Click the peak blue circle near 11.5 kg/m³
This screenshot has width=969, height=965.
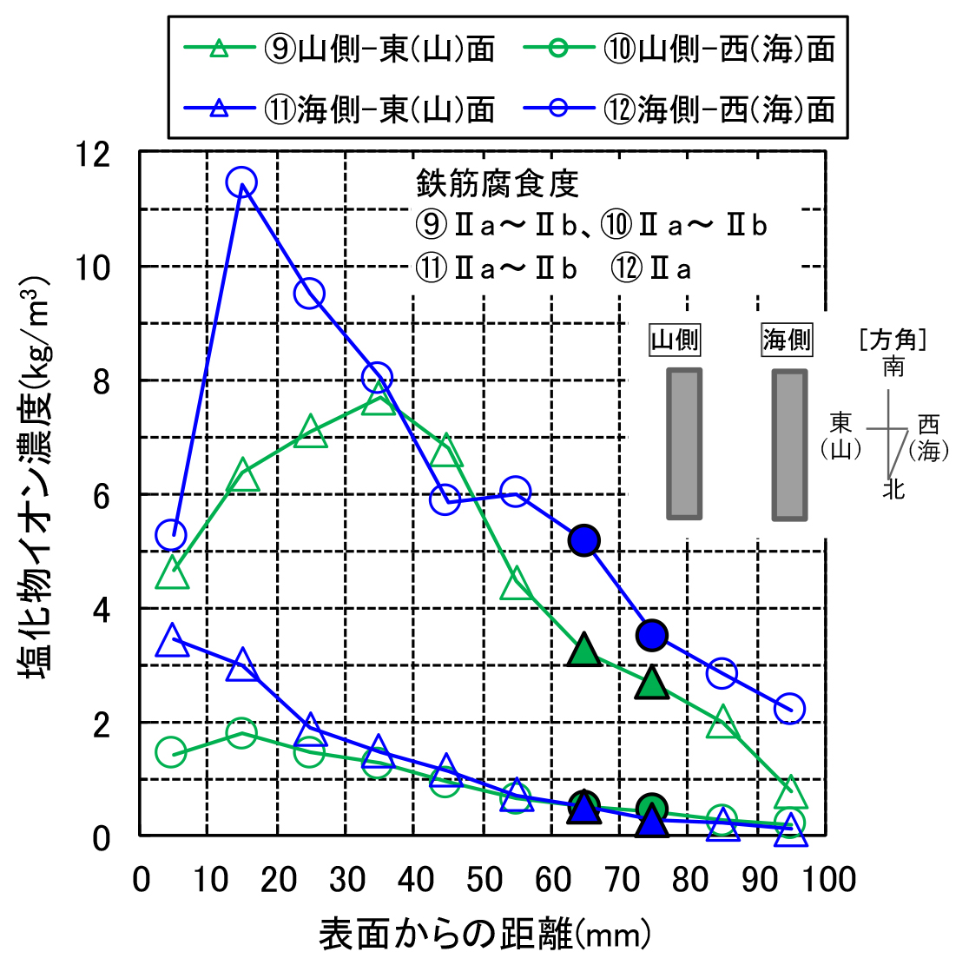point(241,183)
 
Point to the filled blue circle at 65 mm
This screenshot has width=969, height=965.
point(584,539)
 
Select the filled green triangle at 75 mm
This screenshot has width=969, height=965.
point(652,684)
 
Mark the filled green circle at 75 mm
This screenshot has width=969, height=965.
point(652,809)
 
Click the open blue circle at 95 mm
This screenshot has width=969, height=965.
point(789,708)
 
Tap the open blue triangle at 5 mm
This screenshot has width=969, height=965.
point(173,640)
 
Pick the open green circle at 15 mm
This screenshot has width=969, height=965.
point(241,732)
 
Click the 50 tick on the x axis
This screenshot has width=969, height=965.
point(484,879)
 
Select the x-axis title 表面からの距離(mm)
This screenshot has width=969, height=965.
point(484,935)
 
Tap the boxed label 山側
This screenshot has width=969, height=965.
point(675,340)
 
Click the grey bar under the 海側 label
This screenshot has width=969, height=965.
point(788,444)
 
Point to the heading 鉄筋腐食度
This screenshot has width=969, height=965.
point(497,183)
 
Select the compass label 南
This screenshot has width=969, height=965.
point(893,367)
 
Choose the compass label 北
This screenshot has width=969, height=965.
point(893,491)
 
